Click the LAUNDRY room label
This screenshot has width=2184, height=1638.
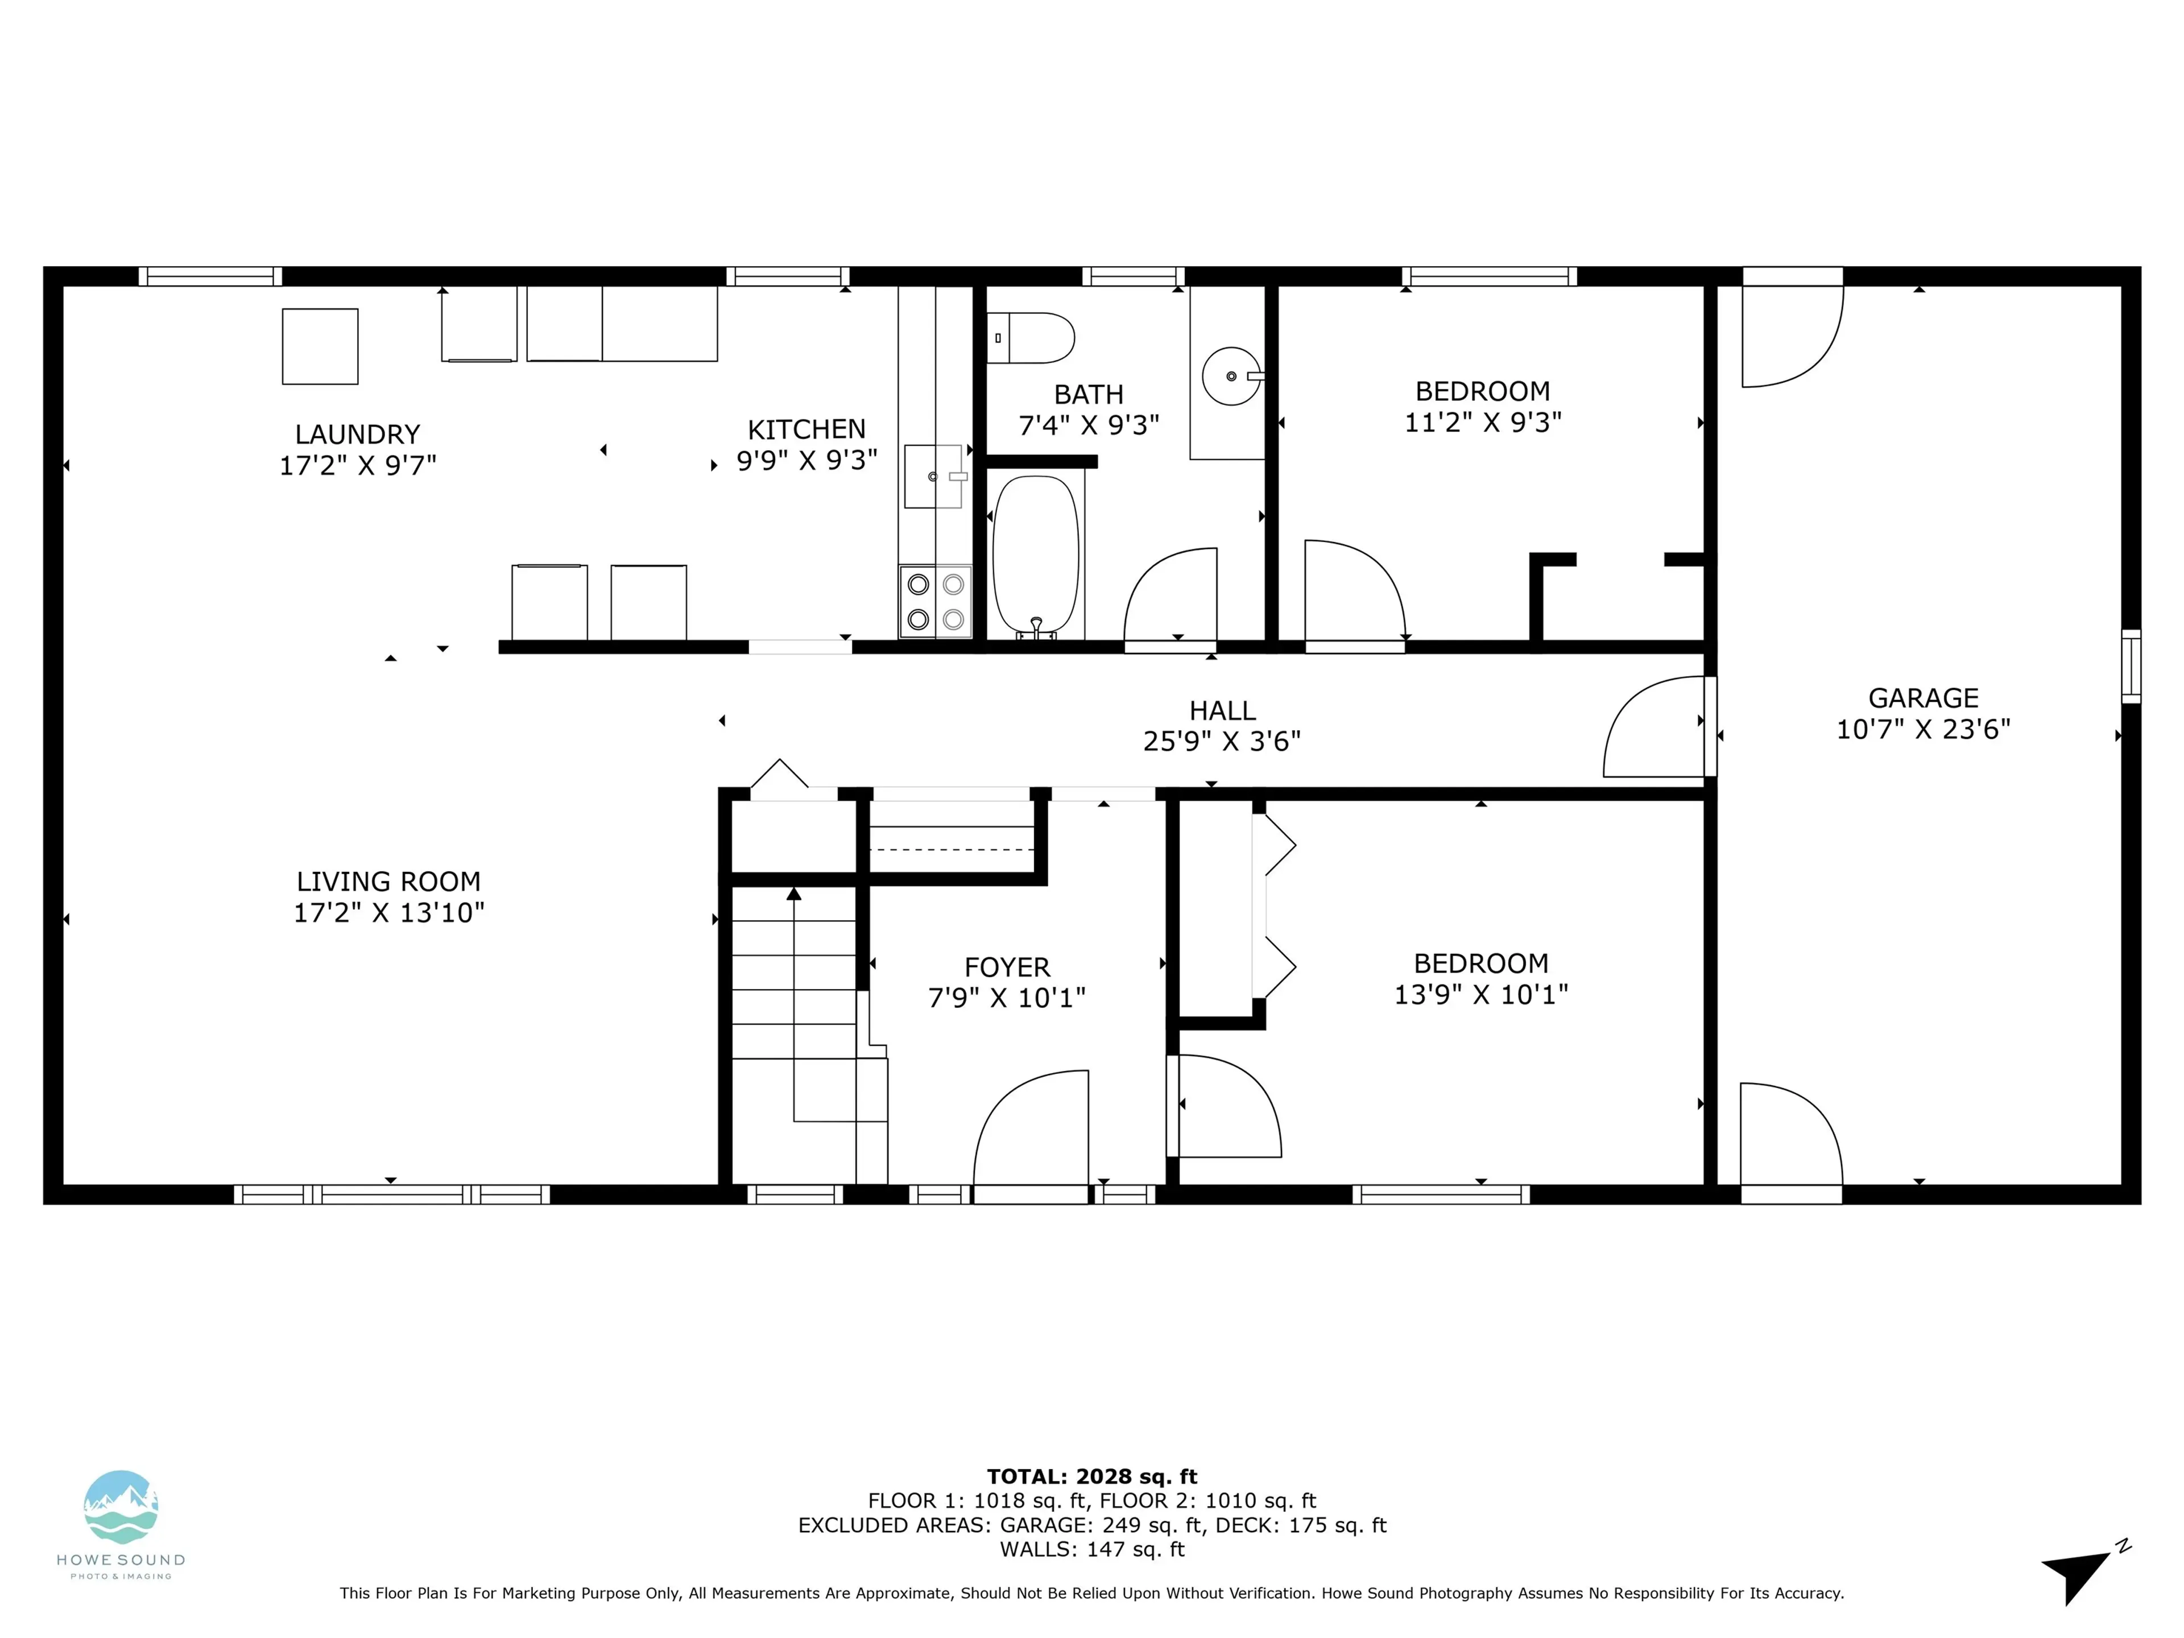point(357,435)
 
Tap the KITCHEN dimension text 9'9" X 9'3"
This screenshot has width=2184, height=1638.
point(806,460)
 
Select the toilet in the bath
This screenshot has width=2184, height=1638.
point(1032,338)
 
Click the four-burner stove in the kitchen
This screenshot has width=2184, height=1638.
point(935,601)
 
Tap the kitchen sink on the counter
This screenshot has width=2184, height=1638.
point(933,476)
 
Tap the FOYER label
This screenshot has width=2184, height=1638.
point(1007,967)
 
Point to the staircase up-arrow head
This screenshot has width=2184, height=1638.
point(794,894)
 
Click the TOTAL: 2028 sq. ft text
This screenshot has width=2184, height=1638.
point(1092,1476)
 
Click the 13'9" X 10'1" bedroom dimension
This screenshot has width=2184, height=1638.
point(1480,994)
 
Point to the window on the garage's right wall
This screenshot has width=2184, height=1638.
point(2131,667)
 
